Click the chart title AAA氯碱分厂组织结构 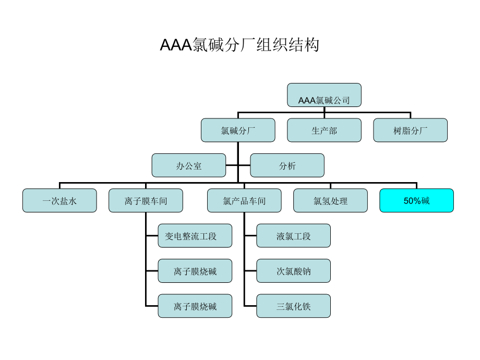pos(239,45)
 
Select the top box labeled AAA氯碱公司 pos(324,95)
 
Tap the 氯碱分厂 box pos(238,130)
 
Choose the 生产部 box pos(324,130)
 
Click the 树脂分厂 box pos(410,130)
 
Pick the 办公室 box pos(188,165)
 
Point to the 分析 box pos(287,165)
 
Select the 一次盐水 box pos(59,200)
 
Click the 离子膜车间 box pos(146,200)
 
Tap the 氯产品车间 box pos(244,200)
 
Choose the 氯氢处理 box pos(330,200)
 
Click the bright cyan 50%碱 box pos(417,200)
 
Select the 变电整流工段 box pos(195,236)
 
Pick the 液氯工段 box pos(293,236)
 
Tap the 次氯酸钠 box pos(293,271)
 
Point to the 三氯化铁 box pos(293,306)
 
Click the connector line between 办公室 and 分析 pos(238,165)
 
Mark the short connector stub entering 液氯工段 pos(250,236)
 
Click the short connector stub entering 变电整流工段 pos(152,236)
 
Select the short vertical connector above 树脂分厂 pos(410,115)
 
